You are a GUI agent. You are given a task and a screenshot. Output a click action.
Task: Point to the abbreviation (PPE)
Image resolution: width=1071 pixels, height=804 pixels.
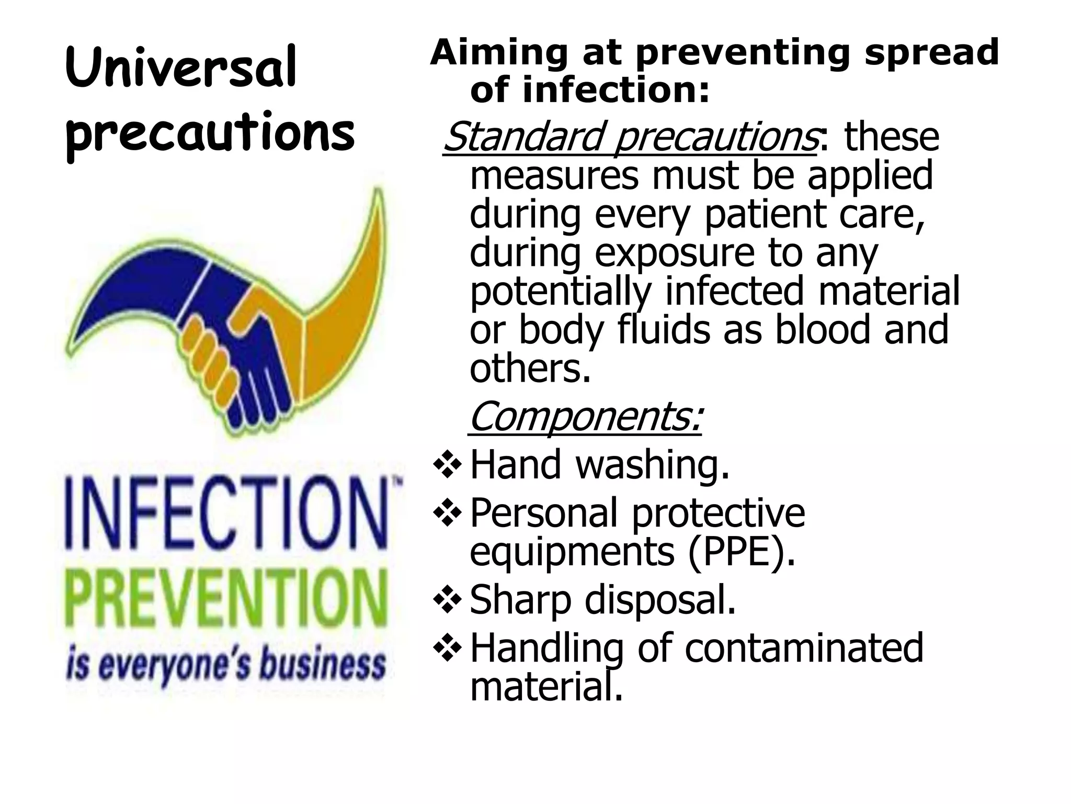[x=742, y=552]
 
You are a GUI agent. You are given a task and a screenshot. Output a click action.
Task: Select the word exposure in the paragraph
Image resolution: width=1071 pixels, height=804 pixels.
[x=675, y=253]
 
